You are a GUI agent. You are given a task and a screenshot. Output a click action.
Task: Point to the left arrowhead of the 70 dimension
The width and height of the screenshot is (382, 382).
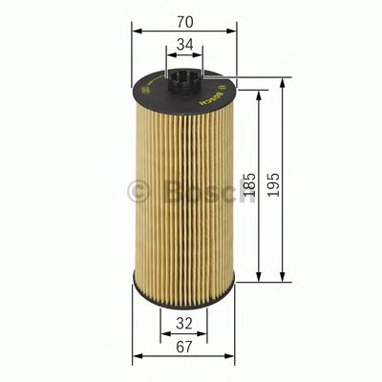pyautogui.click(x=136, y=29)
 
